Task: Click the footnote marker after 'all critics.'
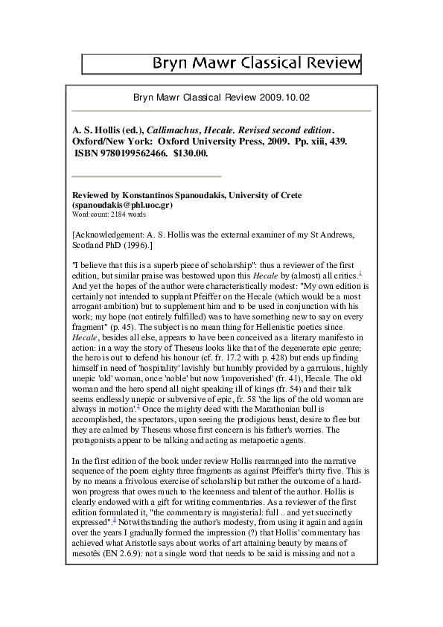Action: (360, 272)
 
